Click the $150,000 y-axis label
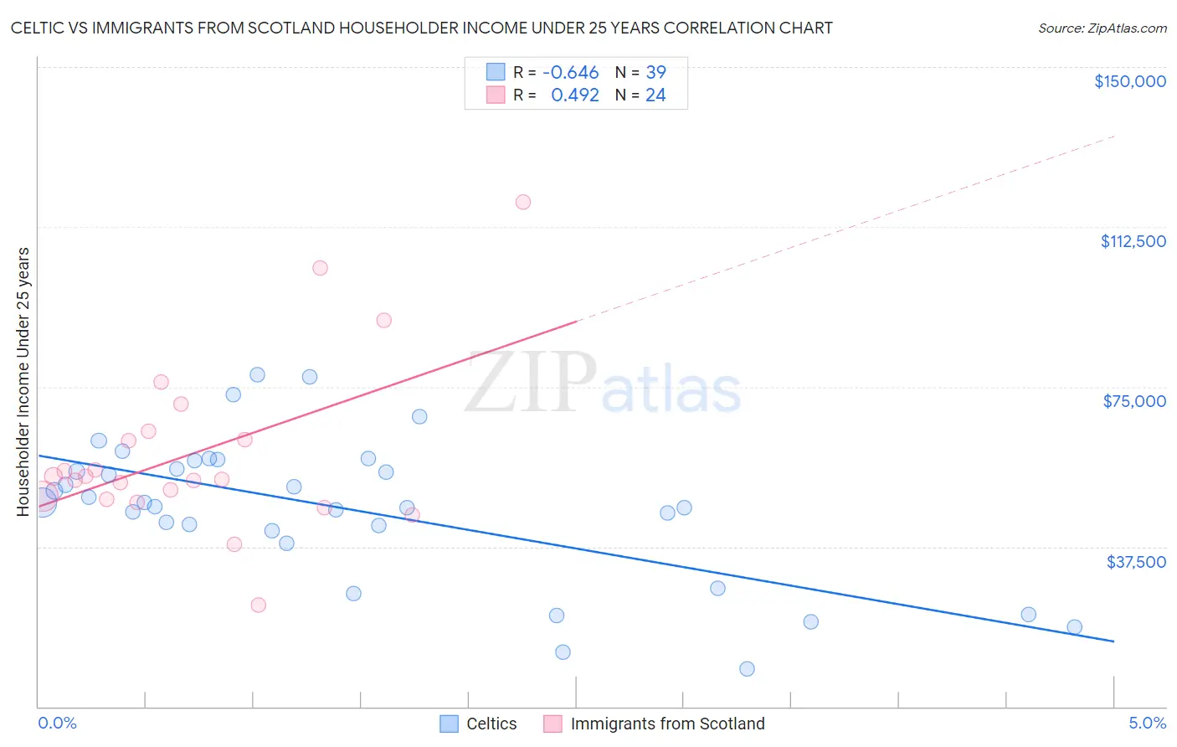click(1129, 81)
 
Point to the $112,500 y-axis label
click(1133, 241)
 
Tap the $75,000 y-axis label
click(1134, 401)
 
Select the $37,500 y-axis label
click(1136, 562)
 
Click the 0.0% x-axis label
click(57, 724)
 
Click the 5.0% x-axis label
click(1147, 724)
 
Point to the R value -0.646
click(570, 73)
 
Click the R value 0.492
click(574, 95)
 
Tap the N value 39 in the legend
click(655, 73)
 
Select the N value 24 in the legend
click(655, 95)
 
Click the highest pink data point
click(523, 202)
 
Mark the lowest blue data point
click(747, 668)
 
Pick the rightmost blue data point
click(1075, 627)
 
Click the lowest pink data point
click(259, 605)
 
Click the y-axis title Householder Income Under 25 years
click(23, 381)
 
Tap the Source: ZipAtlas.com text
click(1102, 28)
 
